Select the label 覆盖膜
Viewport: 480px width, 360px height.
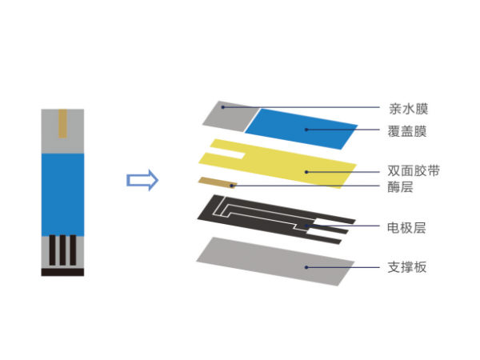point(406,130)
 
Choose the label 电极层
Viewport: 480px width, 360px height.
point(406,227)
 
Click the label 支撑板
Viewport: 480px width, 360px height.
point(406,266)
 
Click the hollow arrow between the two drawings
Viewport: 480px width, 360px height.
point(142,180)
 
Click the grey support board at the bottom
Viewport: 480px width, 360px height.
point(272,261)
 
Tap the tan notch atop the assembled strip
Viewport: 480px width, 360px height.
point(62,123)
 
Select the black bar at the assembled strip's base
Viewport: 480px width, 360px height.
point(62,272)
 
